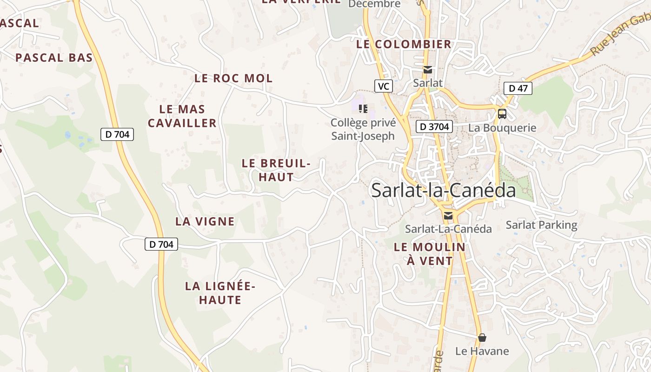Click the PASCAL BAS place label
(x=54, y=58)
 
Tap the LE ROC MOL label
(x=233, y=78)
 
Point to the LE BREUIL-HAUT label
(x=276, y=170)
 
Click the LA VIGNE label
(x=205, y=222)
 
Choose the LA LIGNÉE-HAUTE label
(x=220, y=293)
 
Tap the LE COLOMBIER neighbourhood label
(x=404, y=45)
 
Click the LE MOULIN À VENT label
(x=430, y=254)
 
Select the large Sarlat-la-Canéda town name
(x=444, y=191)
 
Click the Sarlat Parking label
(x=541, y=226)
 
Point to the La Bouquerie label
(x=502, y=128)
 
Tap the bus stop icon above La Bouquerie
(x=502, y=113)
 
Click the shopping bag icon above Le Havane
(x=482, y=338)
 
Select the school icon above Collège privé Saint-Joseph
(x=363, y=109)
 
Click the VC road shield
(x=384, y=86)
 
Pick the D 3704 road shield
(x=434, y=126)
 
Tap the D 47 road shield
(x=518, y=88)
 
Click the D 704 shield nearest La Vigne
(x=161, y=244)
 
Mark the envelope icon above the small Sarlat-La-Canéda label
(x=448, y=216)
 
